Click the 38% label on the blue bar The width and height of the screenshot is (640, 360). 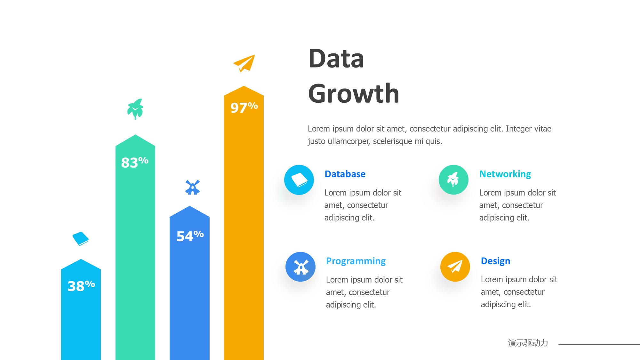81,286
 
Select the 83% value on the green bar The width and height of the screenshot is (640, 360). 135,162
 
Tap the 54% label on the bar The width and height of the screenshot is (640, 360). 190,236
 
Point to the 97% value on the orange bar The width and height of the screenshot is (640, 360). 244,108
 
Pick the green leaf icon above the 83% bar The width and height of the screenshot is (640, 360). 135,109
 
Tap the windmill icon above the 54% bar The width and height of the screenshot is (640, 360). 192,187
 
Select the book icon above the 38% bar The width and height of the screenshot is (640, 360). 81,239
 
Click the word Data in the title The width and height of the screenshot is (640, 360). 336,59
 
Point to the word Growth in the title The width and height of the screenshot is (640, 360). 354,94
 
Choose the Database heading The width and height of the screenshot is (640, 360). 345,174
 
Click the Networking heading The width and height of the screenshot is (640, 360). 505,174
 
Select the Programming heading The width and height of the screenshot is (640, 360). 356,261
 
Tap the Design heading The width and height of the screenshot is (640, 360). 496,261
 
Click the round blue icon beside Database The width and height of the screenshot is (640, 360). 299,180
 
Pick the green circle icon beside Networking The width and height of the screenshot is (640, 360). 453,180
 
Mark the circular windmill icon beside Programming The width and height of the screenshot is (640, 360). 300,267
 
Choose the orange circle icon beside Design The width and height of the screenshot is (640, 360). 455,267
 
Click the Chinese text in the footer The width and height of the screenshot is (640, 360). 528,343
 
